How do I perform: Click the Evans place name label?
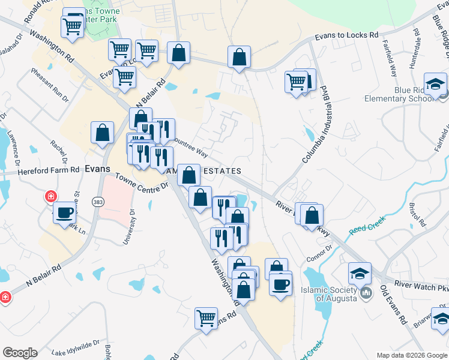[97, 169]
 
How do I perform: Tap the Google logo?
[20, 353]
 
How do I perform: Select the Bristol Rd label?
[417, 214]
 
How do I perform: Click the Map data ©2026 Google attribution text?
[411, 355]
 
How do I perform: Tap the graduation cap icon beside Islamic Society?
[360, 274]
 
